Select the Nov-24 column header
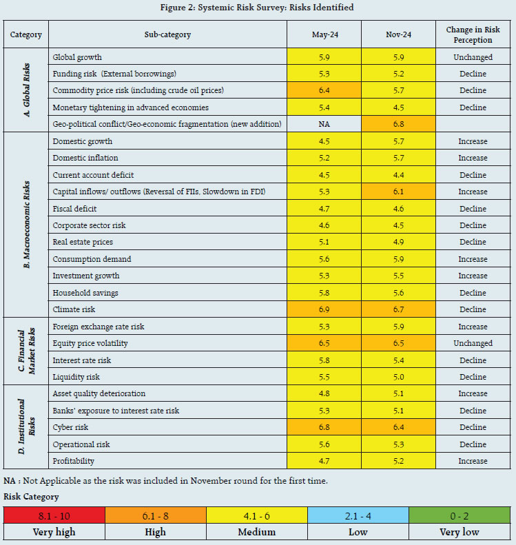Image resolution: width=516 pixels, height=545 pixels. pyautogui.click(x=398, y=34)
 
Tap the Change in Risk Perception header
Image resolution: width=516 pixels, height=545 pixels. pyautogui.click(x=473, y=34)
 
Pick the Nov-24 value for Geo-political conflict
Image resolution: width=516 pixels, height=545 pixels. pyautogui.click(x=398, y=125)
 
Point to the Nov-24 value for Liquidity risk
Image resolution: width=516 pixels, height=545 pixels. pyautogui.click(x=398, y=378)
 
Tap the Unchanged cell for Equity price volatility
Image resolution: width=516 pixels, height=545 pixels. pyautogui.click(x=473, y=344)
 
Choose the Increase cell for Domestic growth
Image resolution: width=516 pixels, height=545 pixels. pyautogui.click(x=473, y=142)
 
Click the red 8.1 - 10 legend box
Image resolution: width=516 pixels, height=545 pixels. pyautogui.click(x=54, y=515)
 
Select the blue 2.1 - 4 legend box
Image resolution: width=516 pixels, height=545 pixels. pyautogui.click(x=358, y=515)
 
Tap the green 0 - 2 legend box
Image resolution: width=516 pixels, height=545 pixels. pyautogui.click(x=460, y=515)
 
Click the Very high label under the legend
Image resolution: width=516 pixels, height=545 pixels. pyautogui.click(x=54, y=532)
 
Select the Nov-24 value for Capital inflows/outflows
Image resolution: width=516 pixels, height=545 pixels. pyautogui.click(x=398, y=192)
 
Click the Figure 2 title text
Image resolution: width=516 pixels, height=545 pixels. pyautogui.click(x=258, y=8)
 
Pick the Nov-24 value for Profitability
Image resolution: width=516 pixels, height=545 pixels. pyautogui.click(x=398, y=462)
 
